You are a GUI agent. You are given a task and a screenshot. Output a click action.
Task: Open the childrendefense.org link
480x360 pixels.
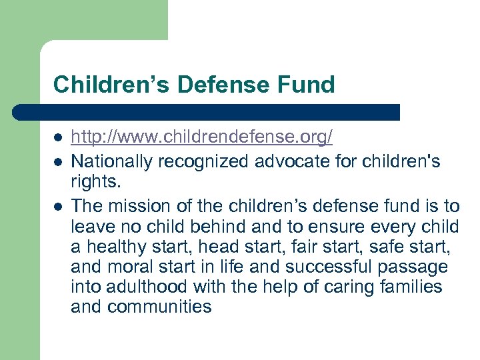201,138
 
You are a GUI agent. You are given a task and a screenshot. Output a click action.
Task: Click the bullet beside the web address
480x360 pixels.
58,138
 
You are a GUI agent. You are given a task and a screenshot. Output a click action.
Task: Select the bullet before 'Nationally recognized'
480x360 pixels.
58,161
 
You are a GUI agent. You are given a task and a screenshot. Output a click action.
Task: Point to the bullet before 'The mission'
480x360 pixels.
58,207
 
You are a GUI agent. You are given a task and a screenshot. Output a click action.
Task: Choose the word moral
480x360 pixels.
131,267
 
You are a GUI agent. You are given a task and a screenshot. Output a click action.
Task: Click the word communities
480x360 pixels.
159,307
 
